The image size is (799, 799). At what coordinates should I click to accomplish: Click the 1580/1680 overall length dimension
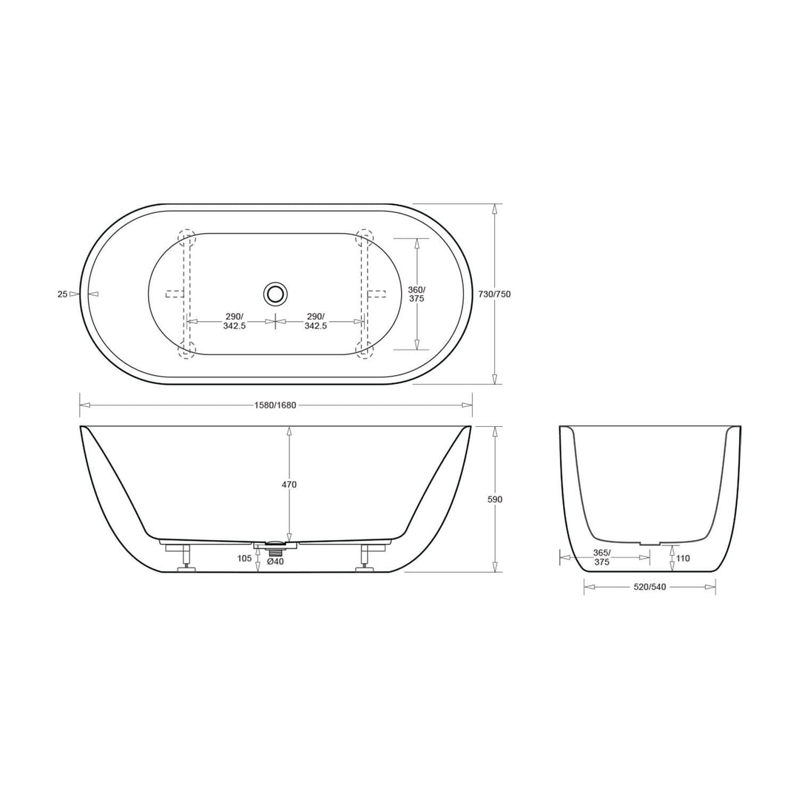(x=275, y=405)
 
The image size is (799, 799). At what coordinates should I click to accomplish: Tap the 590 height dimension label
(x=494, y=499)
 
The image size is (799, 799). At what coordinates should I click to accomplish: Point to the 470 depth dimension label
(x=289, y=485)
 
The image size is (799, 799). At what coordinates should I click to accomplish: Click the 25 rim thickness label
(x=63, y=294)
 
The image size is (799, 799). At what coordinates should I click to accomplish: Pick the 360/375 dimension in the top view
(x=417, y=294)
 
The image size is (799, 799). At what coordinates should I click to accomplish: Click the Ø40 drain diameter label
(x=275, y=562)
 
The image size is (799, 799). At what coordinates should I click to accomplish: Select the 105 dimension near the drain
(x=244, y=559)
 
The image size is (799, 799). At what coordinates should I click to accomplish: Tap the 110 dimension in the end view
(x=682, y=559)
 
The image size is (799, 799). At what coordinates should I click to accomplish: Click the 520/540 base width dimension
(x=650, y=587)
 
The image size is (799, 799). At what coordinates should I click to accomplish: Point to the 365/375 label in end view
(x=601, y=557)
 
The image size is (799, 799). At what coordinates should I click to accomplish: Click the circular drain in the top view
(x=275, y=294)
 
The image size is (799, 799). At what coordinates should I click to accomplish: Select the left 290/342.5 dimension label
(x=234, y=321)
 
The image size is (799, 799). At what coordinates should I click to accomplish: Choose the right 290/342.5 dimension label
(x=316, y=321)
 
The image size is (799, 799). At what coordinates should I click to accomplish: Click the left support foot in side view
(x=186, y=559)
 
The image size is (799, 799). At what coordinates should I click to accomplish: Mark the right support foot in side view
(x=365, y=559)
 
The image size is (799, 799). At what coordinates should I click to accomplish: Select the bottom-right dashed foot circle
(x=364, y=350)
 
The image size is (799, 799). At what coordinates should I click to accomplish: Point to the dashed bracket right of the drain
(x=377, y=294)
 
